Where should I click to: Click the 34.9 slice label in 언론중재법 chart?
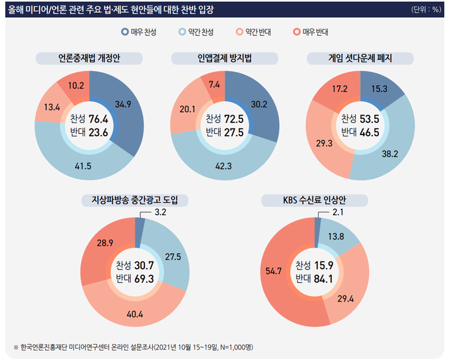(123, 105)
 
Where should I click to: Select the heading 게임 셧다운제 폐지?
(360, 59)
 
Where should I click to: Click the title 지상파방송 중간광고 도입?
(135, 199)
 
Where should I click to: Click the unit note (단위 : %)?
(426, 10)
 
